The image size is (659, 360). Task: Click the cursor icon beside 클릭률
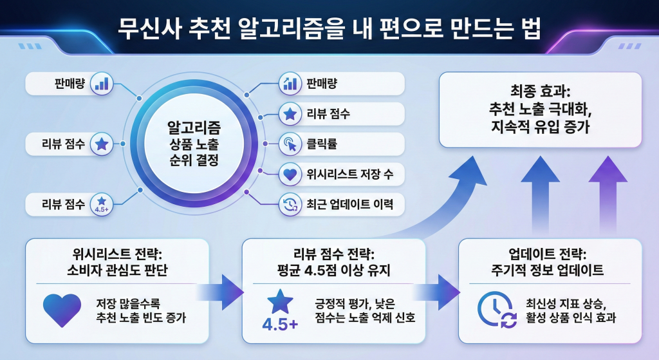click(x=290, y=144)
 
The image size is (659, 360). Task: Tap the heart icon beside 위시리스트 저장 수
click(x=290, y=174)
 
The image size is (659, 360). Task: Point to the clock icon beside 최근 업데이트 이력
click(x=290, y=205)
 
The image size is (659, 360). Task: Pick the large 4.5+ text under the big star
click(x=281, y=324)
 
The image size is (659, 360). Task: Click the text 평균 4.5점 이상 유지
click(x=333, y=269)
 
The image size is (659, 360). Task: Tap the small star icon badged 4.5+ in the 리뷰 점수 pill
click(x=102, y=204)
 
